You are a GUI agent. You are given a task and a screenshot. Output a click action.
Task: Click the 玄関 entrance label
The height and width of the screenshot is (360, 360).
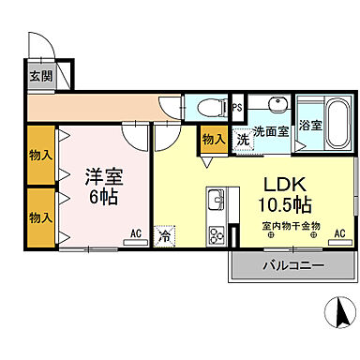tap(39, 77)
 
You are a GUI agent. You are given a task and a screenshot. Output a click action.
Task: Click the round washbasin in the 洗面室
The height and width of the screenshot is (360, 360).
tap(278, 105)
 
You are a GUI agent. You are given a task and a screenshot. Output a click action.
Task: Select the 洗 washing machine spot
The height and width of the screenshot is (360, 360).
tap(243, 139)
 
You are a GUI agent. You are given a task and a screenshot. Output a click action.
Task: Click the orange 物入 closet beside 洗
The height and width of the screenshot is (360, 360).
tap(214, 140)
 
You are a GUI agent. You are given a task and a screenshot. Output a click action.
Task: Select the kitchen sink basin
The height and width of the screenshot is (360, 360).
tap(215, 201)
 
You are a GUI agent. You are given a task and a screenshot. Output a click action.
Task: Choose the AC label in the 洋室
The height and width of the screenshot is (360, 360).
tap(135, 233)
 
